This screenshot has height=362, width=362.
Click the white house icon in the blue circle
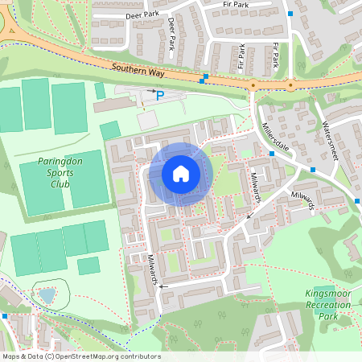click(x=181, y=174)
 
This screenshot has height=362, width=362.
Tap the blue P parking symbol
click(x=159, y=96)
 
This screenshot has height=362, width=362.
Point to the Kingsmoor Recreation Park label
click(x=328, y=305)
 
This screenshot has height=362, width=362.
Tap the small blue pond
click(x=47, y=296)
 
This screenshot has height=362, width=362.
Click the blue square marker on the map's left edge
click(x=4, y=316)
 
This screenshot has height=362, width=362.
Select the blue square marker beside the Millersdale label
click(x=272, y=153)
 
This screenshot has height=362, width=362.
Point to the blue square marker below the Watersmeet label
click(x=312, y=170)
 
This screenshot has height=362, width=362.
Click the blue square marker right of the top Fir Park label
click(x=290, y=13)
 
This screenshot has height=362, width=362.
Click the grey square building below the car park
click(x=147, y=120)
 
